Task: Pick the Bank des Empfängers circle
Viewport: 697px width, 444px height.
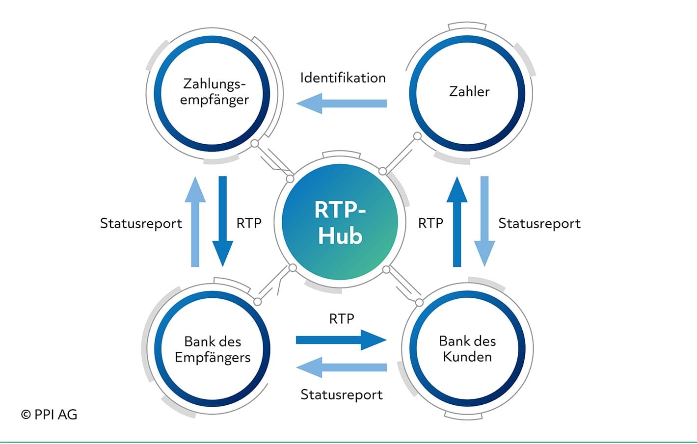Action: [x=212, y=349]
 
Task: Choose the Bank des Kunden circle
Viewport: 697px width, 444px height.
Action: [x=467, y=349]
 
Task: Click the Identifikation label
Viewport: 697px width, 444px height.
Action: [x=343, y=78]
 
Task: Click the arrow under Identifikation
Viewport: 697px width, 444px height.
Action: [x=342, y=104]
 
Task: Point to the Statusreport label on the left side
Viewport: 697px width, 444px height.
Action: [x=141, y=224]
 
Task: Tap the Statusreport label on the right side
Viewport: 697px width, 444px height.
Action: [x=539, y=224]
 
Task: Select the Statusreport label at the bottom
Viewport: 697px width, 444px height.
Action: [x=342, y=394]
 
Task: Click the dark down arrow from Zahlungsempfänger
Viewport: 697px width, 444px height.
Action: [x=223, y=221]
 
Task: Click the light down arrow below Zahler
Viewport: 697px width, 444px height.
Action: [x=484, y=221]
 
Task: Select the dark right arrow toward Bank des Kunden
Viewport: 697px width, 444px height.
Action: [x=341, y=340]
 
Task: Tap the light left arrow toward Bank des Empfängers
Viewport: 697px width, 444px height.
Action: [x=342, y=367]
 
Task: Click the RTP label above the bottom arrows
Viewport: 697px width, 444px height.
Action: [x=342, y=319]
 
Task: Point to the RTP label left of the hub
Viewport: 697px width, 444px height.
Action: [x=249, y=224]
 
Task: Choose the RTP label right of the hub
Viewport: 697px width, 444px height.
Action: [x=430, y=224]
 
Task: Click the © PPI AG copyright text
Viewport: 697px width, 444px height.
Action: [x=49, y=415]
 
